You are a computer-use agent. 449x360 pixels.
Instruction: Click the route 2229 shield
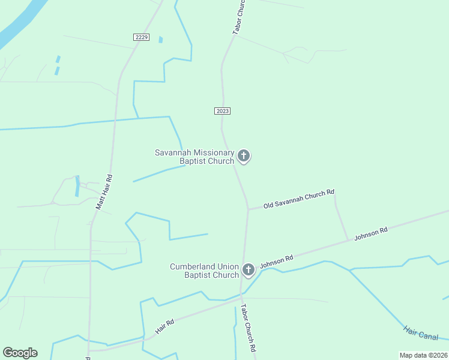click(x=142, y=37)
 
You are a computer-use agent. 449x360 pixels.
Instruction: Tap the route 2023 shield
click(x=222, y=111)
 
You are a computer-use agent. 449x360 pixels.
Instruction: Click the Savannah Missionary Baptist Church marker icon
click(x=243, y=156)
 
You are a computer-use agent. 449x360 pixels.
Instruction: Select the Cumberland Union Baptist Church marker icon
click(x=249, y=270)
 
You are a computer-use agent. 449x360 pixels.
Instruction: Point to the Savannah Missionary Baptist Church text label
click(x=194, y=157)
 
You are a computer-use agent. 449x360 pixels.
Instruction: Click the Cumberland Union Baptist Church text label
click(x=204, y=271)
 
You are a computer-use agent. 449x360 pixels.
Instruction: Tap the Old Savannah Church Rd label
click(x=298, y=199)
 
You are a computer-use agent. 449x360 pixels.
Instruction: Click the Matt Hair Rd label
click(x=104, y=192)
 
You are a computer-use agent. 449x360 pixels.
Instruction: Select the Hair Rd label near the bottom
click(x=164, y=327)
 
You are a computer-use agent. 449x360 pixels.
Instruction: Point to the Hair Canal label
click(x=421, y=332)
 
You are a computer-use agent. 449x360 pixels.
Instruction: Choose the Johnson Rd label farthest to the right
click(x=370, y=233)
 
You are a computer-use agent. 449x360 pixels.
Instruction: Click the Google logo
click(x=20, y=352)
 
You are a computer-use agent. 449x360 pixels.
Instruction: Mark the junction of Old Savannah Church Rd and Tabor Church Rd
click(x=248, y=209)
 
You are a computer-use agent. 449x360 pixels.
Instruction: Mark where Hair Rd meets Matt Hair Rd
click(x=89, y=351)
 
